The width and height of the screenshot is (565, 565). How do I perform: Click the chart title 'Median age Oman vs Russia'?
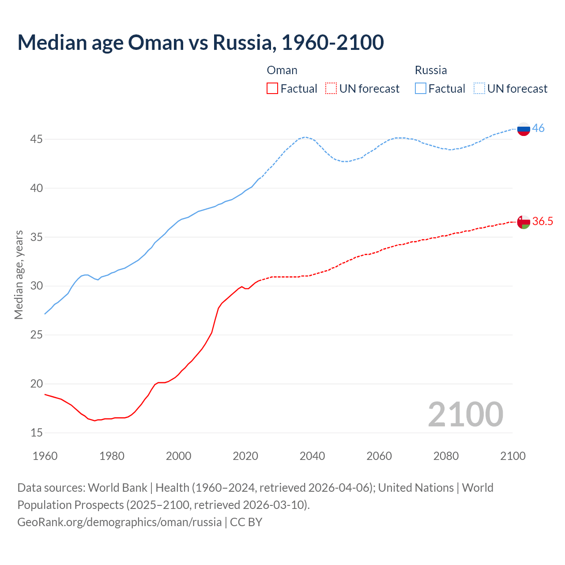[x=200, y=42]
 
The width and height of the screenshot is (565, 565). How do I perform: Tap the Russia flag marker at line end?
[x=524, y=129]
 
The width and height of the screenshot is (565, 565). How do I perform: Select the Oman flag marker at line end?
[x=524, y=222]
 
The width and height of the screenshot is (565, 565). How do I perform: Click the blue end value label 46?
[x=538, y=128]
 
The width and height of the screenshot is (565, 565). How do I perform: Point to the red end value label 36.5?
[x=542, y=222]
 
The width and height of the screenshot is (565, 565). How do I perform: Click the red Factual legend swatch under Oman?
[x=272, y=89]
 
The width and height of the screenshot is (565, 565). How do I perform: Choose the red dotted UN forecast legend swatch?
[x=331, y=89]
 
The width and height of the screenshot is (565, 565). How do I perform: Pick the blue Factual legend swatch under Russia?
[x=421, y=89]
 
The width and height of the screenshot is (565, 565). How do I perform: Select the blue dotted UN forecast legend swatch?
[x=479, y=89]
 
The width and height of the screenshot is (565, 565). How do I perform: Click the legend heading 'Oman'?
[x=282, y=70]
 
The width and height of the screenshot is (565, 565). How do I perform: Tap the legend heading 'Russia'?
[x=431, y=70]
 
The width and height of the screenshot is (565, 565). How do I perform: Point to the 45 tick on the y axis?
[x=36, y=139]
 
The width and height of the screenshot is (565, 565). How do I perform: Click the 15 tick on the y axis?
[x=36, y=433]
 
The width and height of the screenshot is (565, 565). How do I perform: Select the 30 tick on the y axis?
[x=36, y=286]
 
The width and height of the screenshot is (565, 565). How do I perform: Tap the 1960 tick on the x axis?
[x=45, y=456]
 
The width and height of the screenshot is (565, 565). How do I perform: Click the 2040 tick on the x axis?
[x=312, y=456]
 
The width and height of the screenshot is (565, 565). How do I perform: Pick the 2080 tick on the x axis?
[x=446, y=456]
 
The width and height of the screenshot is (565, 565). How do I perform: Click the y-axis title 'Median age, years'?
[x=19, y=275]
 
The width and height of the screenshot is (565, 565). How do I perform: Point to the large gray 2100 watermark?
[x=465, y=414]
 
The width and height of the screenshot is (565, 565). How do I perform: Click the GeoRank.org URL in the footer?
[x=119, y=522]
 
